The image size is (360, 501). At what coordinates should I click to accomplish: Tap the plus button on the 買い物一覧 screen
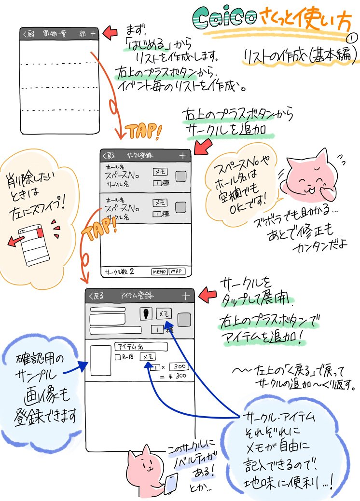tap(93, 34)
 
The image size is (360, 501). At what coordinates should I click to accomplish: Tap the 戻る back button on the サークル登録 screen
tap(109, 155)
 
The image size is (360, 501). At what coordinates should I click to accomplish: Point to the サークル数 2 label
tap(119, 271)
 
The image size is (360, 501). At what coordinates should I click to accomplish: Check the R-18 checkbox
tap(118, 357)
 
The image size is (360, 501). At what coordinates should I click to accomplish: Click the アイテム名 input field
tap(140, 346)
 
